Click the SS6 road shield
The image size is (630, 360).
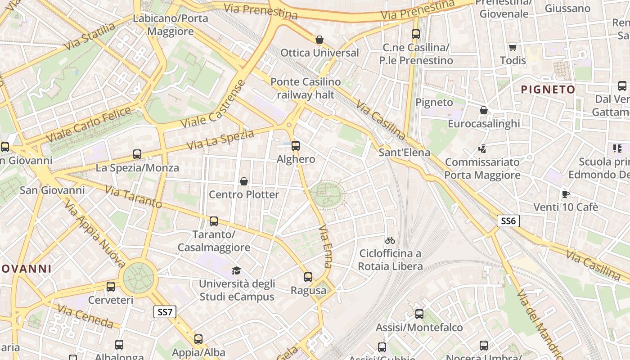[x=508, y=220]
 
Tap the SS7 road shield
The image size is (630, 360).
[x=165, y=312]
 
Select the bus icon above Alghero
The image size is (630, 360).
[x=296, y=146]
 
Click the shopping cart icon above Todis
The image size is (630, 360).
[x=513, y=47]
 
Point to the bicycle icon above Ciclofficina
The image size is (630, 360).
[x=390, y=240]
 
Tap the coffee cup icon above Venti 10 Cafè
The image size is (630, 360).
[x=566, y=194]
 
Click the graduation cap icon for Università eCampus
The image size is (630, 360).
[x=236, y=270]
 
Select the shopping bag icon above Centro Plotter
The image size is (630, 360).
[x=244, y=181]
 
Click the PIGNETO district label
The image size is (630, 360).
[x=548, y=89]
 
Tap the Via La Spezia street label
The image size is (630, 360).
[x=220, y=140]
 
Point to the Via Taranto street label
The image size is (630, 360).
[x=133, y=197]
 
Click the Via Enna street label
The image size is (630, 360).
[x=325, y=247]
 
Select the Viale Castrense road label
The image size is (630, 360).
[x=213, y=104]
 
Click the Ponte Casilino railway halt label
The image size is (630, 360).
[x=306, y=88]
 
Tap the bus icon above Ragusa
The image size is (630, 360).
[x=308, y=277]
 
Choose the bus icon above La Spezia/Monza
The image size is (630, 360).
[x=137, y=154]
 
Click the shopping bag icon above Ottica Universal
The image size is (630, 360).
[x=319, y=40]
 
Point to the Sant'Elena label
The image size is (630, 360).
[x=404, y=152]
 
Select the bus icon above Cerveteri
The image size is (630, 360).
[x=111, y=286]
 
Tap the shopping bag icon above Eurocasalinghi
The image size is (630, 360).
[x=484, y=110]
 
